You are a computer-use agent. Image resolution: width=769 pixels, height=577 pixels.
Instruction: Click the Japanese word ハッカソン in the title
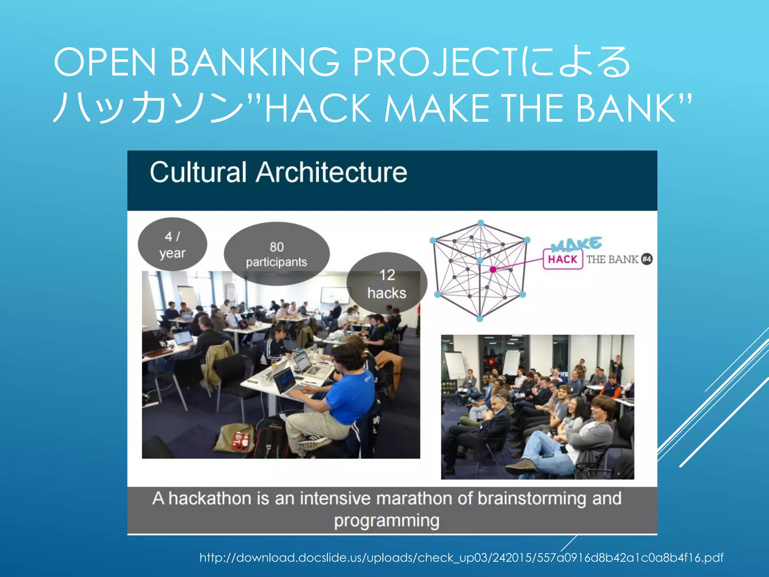click(x=148, y=108)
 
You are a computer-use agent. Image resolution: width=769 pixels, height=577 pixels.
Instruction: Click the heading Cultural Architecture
click(x=278, y=172)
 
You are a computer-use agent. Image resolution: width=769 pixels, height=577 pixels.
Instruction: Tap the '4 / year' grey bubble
click(x=172, y=245)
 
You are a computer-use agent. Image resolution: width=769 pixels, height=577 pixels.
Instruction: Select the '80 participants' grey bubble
click(x=277, y=254)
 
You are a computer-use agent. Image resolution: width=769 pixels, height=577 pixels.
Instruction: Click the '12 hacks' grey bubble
click(x=387, y=284)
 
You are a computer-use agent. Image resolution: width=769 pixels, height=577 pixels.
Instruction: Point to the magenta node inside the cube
click(x=493, y=269)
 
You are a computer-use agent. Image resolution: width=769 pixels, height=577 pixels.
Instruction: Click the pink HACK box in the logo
click(x=562, y=259)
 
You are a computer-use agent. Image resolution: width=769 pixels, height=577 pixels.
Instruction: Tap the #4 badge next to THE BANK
click(x=647, y=259)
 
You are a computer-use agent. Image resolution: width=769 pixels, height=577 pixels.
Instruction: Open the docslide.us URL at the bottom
click(x=461, y=557)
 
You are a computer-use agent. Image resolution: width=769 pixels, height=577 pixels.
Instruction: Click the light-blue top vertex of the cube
click(x=481, y=223)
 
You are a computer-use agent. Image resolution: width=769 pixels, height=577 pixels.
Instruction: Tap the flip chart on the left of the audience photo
click(x=455, y=364)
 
